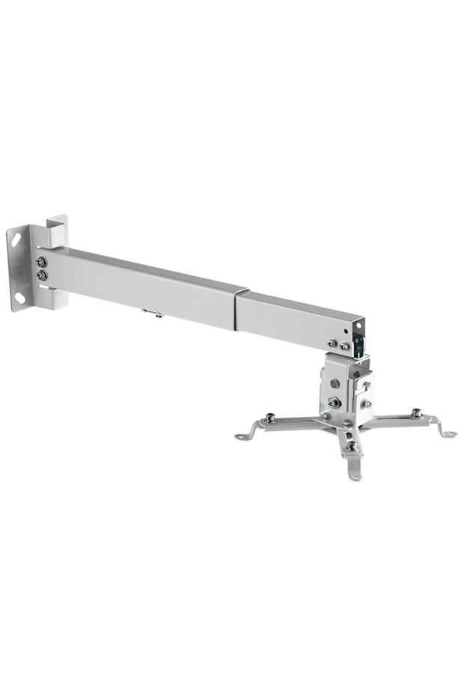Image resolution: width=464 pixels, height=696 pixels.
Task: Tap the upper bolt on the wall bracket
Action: pos(41,262)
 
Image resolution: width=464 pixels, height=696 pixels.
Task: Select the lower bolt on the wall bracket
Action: pos(42,275)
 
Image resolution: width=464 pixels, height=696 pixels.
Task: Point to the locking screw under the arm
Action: pos(158,314)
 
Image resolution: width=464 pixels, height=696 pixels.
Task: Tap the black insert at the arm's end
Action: pos(359,344)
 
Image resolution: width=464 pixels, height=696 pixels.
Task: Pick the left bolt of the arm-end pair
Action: pos(332,344)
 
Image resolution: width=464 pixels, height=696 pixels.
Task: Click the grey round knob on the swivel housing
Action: pos(335,384)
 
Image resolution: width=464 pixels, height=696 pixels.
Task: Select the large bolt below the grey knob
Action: pos(335,403)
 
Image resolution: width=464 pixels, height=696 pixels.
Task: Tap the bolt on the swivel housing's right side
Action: pos(366,404)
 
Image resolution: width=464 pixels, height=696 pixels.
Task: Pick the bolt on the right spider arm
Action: pos(416,413)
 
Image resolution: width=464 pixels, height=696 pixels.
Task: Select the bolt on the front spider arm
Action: pos(351,446)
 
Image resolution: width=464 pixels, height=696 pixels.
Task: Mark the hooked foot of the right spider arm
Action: pos(448,433)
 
